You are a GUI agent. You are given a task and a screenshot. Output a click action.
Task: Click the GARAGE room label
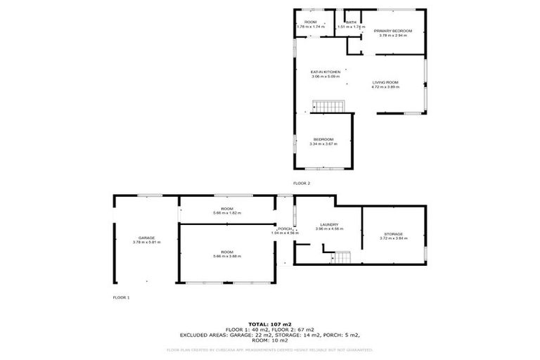click(146, 238)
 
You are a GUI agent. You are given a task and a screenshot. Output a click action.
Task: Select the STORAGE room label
click(393, 233)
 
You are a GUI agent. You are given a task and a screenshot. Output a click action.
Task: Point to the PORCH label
click(285, 229)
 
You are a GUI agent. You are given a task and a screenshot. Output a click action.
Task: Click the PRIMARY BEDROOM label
click(392, 31)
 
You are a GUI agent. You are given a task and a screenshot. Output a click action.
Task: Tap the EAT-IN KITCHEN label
click(326, 72)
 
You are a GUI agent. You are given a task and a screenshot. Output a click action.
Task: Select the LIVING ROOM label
click(385, 83)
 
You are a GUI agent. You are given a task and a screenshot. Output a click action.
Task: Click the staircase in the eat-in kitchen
click(329, 106)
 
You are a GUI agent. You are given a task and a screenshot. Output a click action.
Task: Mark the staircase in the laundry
click(341, 257)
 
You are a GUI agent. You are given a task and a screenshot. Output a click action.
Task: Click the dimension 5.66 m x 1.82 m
click(226, 212)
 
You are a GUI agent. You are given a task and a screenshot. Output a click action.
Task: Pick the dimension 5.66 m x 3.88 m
click(226, 256)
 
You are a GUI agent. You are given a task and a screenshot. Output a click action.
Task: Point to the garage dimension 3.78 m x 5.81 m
click(146, 243)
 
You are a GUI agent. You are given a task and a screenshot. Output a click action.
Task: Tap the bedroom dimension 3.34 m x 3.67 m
click(323, 143)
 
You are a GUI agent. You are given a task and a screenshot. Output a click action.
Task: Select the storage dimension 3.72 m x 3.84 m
click(393, 238)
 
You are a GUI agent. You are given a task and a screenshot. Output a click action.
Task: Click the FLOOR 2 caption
click(302, 183)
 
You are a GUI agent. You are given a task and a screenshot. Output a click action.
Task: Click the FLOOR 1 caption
click(121, 297)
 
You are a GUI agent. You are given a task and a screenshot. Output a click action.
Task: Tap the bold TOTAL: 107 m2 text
click(270, 324)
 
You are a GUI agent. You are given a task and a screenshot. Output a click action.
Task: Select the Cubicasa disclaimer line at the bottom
click(270, 349)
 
